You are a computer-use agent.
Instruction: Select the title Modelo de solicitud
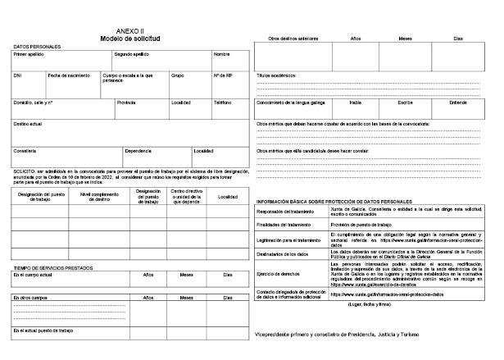tap(129, 39)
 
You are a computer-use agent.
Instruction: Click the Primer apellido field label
tap(29, 54)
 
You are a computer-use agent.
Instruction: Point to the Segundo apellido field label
tap(131, 54)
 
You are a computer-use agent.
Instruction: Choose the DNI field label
tap(18, 75)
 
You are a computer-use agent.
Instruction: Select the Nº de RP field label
tap(222, 75)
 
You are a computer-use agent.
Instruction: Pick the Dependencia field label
tap(139, 150)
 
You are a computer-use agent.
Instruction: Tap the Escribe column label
tap(406, 103)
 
